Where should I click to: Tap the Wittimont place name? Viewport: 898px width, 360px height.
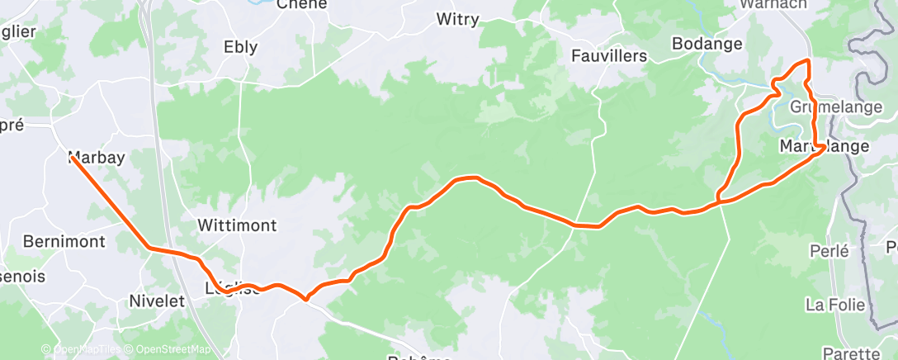(x=237, y=225)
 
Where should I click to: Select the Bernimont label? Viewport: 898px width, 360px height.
(x=64, y=242)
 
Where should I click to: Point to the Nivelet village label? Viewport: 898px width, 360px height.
(x=157, y=301)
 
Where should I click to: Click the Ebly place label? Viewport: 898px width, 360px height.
(x=240, y=48)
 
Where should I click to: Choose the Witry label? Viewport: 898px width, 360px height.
(x=456, y=19)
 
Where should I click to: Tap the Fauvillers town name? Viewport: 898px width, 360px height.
(x=609, y=56)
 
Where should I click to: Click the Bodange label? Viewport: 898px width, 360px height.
(x=707, y=44)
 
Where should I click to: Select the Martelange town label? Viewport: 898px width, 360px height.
(x=824, y=146)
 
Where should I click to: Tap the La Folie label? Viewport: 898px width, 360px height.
(x=834, y=306)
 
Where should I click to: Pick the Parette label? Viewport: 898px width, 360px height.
(x=851, y=353)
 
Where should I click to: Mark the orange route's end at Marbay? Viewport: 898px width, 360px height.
(x=72, y=156)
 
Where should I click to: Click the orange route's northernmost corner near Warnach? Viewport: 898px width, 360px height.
(x=807, y=61)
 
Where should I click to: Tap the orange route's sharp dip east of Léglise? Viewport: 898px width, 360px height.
(x=305, y=299)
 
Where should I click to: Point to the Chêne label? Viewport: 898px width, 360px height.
(x=301, y=4)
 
